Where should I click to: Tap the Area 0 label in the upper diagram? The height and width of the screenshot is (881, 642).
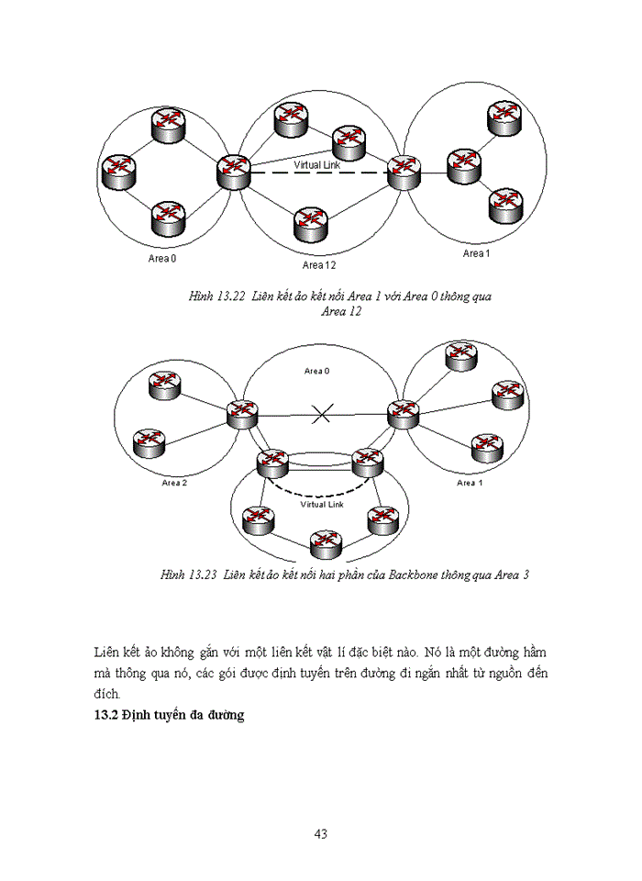click(162, 258)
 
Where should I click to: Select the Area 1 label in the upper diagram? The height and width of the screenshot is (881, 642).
click(475, 253)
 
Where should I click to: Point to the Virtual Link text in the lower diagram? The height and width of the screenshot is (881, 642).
click(321, 505)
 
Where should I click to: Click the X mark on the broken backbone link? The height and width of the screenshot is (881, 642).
click(321, 415)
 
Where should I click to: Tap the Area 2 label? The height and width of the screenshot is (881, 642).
click(174, 483)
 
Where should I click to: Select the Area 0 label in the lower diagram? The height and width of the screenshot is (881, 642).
click(316, 371)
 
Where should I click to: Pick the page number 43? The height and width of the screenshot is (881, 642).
click(321, 834)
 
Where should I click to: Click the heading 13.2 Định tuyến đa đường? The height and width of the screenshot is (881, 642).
click(169, 715)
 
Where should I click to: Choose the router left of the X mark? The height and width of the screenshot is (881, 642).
click(243, 413)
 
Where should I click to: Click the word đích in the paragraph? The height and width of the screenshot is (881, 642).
click(107, 694)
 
